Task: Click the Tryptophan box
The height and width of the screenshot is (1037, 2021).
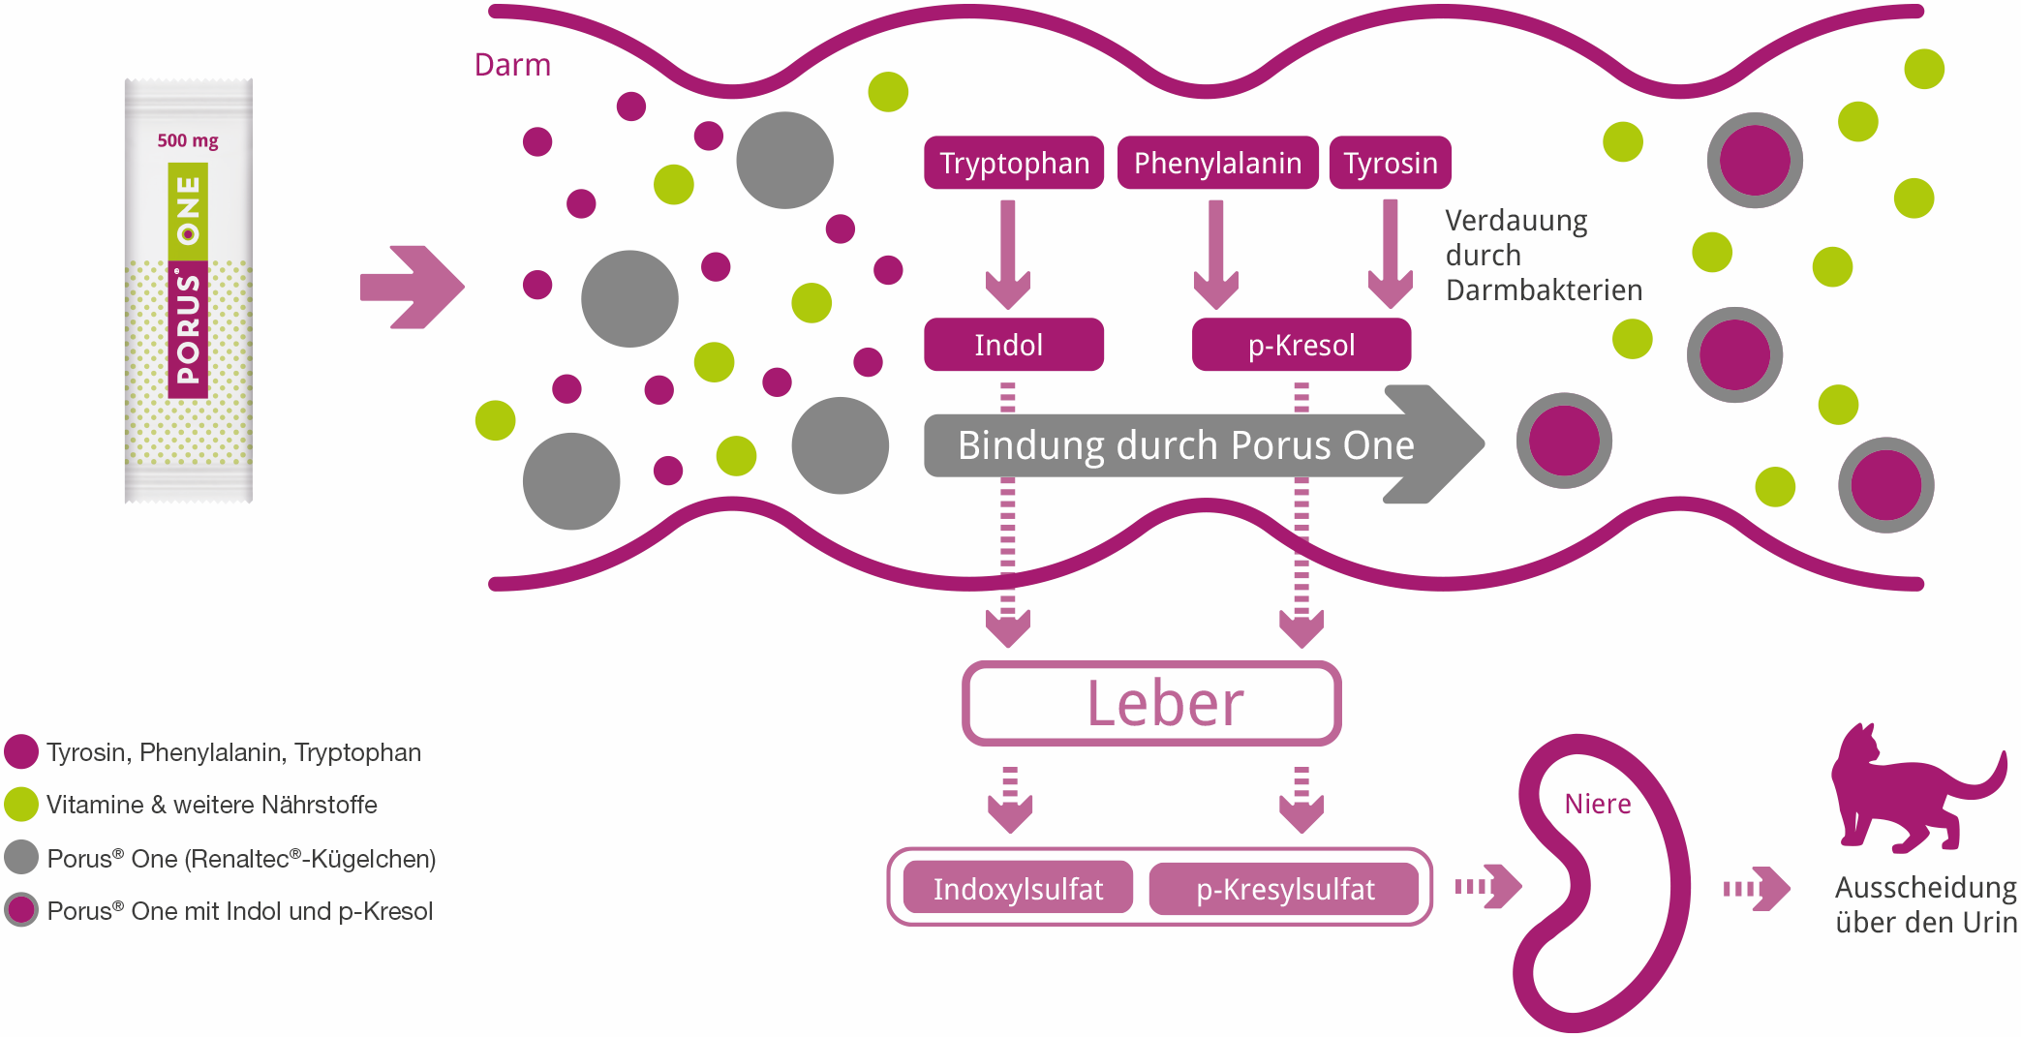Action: (x=1014, y=163)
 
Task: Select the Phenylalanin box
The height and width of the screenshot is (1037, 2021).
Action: (x=1217, y=163)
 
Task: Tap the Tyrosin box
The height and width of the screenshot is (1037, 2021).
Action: (x=1390, y=163)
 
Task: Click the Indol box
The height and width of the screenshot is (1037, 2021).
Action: (x=1013, y=345)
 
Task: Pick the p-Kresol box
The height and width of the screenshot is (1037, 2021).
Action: (x=1301, y=345)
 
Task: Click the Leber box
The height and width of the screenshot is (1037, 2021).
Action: (x=1151, y=704)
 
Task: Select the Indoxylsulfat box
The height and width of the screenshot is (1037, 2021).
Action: (x=1018, y=888)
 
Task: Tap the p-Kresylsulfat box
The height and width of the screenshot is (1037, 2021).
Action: (x=1284, y=888)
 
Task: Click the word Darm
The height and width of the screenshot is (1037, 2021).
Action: (x=512, y=65)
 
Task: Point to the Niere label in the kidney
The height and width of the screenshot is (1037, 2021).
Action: (x=1598, y=804)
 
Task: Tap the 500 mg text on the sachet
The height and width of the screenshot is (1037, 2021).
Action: (x=188, y=140)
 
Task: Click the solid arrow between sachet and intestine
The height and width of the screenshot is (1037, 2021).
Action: (x=412, y=288)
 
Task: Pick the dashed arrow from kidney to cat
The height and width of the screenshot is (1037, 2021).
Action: (x=1756, y=888)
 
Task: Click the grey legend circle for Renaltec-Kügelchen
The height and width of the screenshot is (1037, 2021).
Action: (x=21, y=857)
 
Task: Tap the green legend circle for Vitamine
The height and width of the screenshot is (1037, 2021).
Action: (x=21, y=804)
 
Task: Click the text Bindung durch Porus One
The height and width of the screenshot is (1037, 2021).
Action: (x=1185, y=445)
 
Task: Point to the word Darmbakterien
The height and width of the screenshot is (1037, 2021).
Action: (x=1544, y=290)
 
